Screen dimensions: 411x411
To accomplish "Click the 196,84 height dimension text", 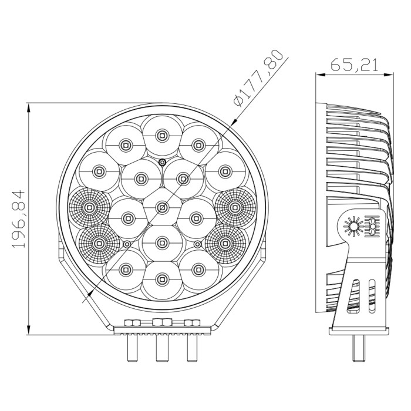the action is [18, 219].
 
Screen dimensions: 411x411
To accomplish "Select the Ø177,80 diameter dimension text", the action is [258, 78].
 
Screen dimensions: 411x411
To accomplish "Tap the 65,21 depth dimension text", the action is [355, 65].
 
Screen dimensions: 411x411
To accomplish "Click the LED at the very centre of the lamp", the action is [162, 208].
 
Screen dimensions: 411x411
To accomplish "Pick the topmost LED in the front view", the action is [162, 136].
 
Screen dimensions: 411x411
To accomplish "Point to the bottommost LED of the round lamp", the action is [162, 279].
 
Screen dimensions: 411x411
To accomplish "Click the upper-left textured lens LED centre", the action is [89, 208].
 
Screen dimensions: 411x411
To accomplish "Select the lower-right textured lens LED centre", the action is [225, 244].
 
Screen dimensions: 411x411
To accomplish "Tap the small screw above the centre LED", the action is [162, 162].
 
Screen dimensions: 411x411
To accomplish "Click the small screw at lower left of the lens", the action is [127, 244].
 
